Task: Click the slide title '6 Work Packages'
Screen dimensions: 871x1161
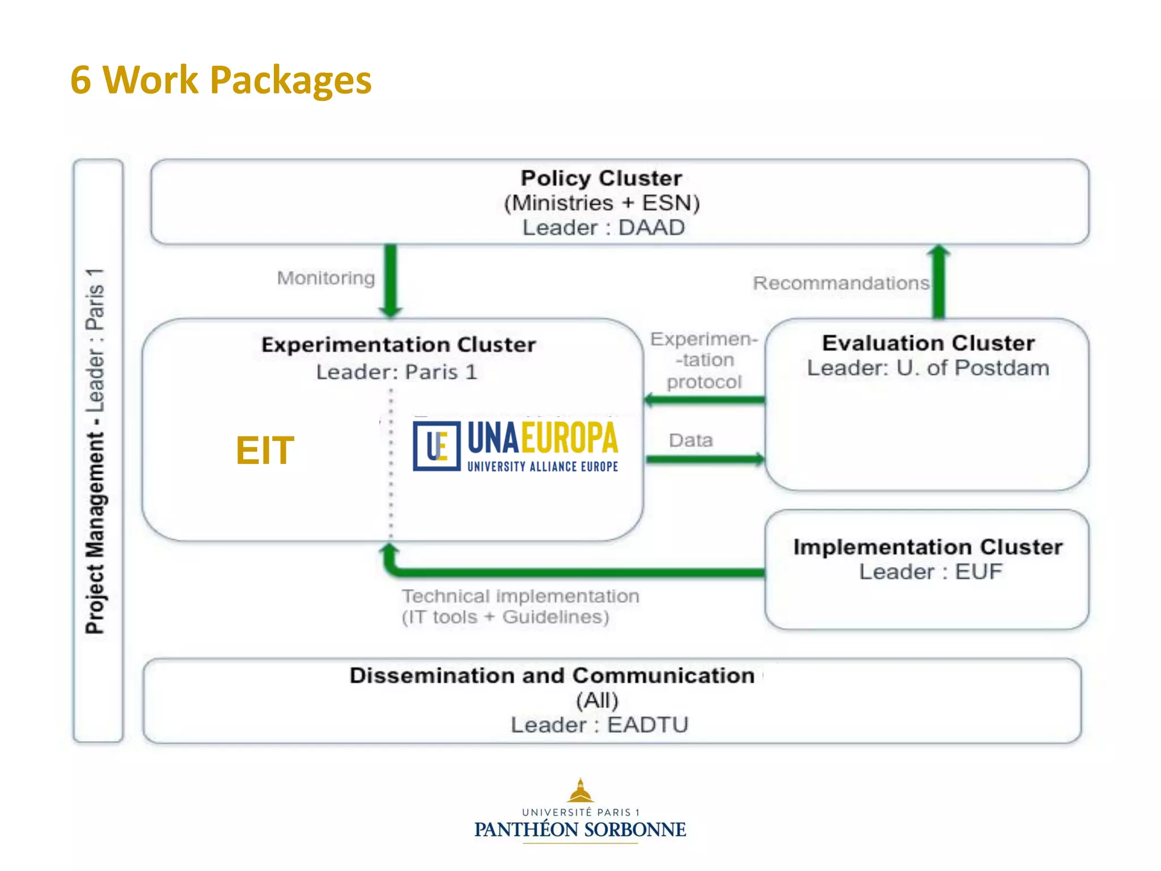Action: (x=221, y=79)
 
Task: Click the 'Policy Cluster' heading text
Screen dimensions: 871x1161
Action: (x=601, y=178)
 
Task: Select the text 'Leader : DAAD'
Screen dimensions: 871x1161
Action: (x=603, y=227)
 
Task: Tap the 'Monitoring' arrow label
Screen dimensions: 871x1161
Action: (x=326, y=278)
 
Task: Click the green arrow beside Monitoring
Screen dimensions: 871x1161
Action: (x=391, y=281)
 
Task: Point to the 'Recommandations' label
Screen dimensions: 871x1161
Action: (x=841, y=283)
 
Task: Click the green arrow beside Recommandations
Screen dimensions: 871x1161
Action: (x=939, y=282)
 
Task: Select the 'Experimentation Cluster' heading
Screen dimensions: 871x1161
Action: (x=399, y=345)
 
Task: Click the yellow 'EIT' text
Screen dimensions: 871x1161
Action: (x=265, y=450)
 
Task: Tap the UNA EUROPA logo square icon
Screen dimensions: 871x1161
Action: (x=437, y=446)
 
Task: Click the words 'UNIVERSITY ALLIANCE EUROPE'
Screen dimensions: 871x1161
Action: (x=543, y=467)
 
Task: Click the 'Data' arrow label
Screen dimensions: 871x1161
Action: (x=690, y=440)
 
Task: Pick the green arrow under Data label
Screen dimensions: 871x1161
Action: (x=705, y=459)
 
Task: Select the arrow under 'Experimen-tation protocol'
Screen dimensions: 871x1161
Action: (x=705, y=400)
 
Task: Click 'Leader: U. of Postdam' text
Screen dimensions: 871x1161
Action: (x=928, y=368)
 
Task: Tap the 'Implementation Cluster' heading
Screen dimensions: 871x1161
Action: (x=927, y=547)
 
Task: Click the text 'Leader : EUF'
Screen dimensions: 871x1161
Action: (x=930, y=572)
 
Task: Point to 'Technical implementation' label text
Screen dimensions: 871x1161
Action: (x=520, y=596)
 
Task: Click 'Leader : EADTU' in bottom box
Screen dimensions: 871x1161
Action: (x=599, y=725)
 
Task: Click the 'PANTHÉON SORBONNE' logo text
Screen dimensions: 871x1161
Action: (x=580, y=830)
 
